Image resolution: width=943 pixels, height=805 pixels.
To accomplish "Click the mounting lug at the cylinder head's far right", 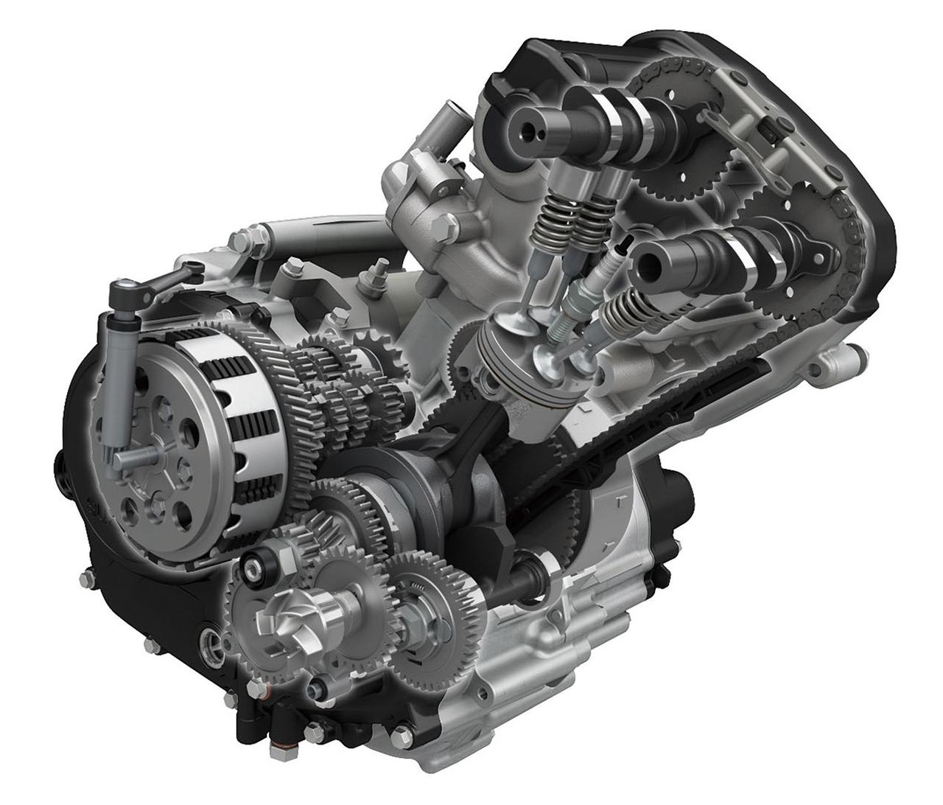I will click(x=832, y=360).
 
